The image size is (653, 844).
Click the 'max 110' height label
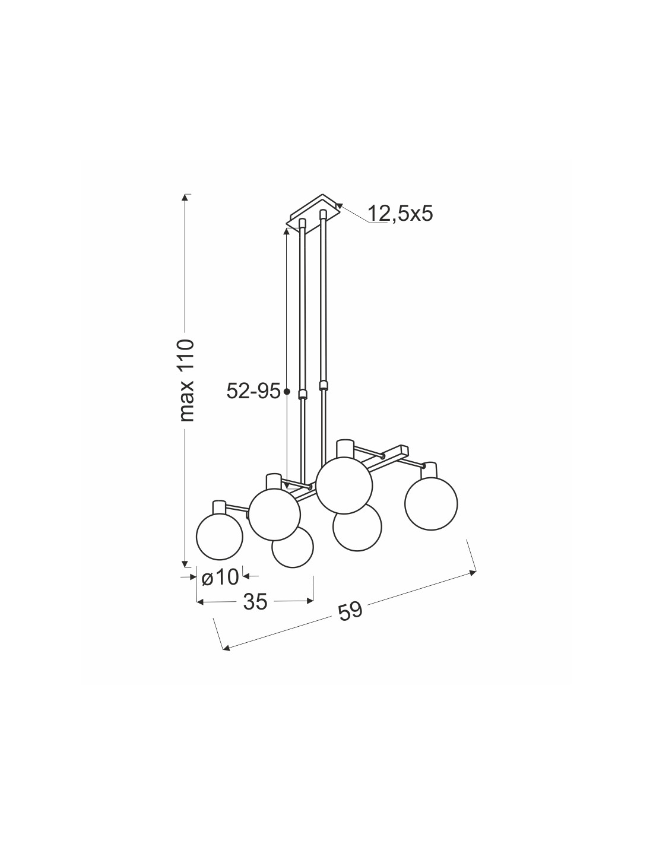tap(187, 380)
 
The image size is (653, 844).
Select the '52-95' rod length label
tap(253, 391)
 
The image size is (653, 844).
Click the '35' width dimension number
tap(255, 602)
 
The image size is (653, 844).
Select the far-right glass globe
tap(431, 503)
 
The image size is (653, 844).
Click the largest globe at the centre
tap(344, 485)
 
